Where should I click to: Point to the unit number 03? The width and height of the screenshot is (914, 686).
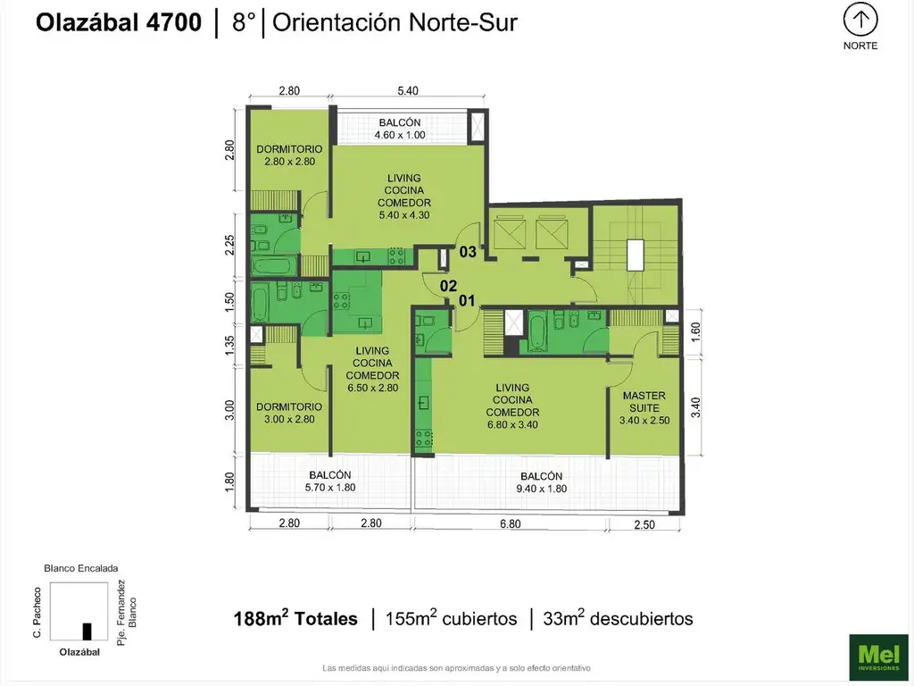click(468, 252)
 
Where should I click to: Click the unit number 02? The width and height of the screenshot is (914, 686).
click(448, 287)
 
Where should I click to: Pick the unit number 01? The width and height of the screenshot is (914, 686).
click(466, 301)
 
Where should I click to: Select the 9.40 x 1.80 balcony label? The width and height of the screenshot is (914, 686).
click(540, 482)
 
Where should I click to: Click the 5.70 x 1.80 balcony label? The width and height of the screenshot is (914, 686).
click(330, 481)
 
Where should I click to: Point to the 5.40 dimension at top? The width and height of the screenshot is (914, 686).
click(406, 91)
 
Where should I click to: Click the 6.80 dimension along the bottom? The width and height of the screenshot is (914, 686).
click(510, 524)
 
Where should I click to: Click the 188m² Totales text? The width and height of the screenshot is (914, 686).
click(295, 618)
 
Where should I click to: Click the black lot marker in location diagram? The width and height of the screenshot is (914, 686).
click(87, 631)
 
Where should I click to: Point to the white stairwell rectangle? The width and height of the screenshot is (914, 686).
click(636, 255)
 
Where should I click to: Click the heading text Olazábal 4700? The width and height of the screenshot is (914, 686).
click(119, 23)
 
